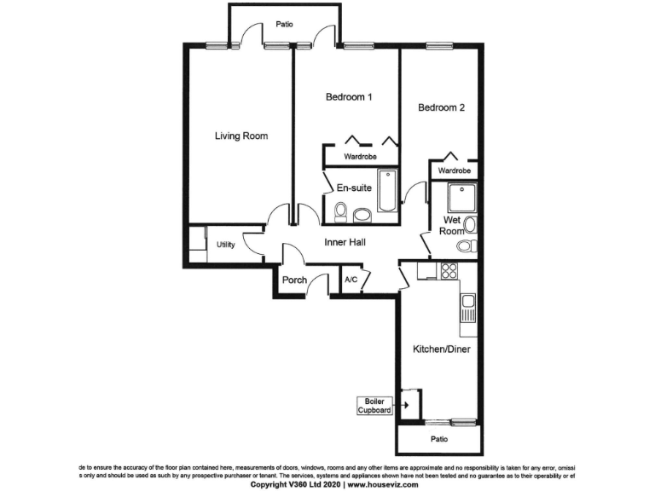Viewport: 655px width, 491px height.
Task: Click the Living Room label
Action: [241, 136]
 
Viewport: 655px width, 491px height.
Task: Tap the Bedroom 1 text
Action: [349, 97]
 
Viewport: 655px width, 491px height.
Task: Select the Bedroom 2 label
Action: [441, 108]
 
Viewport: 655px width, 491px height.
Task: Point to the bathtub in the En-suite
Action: [385, 192]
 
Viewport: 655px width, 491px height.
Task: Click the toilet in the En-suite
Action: [340, 210]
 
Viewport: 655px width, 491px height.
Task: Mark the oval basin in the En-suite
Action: [362, 214]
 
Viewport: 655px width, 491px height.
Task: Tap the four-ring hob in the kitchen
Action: [448, 271]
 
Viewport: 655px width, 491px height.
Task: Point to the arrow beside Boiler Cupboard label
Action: [407, 405]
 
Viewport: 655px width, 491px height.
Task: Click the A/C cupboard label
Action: [351, 280]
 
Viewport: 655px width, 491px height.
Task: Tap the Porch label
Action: [294, 280]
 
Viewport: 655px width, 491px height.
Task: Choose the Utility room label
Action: [225, 245]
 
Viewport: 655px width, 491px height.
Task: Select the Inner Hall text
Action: [345, 243]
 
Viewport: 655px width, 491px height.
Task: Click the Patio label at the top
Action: [284, 24]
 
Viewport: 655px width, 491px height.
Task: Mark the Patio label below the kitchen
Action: [439, 440]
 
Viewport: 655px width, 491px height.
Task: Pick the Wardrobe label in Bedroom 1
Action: [361, 158]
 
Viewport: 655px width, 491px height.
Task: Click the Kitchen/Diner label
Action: [442, 349]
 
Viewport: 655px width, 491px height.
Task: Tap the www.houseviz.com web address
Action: [382, 484]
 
